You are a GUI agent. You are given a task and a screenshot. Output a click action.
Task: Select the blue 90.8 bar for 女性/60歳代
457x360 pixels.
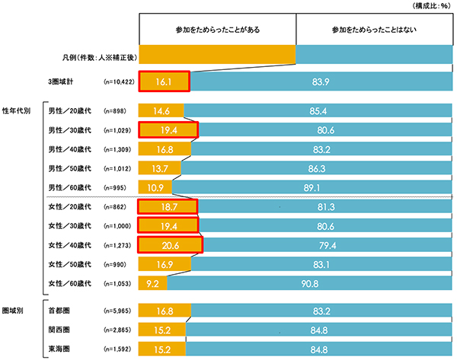[x=309, y=283]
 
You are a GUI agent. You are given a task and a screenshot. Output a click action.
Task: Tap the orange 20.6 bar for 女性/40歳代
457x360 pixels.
[x=171, y=245]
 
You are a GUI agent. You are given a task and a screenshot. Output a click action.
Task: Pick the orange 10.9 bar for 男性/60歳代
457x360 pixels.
[x=155, y=186]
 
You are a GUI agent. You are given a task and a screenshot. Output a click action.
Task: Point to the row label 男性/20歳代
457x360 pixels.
[x=69, y=111]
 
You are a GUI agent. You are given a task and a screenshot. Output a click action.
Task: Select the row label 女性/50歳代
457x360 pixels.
[x=69, y=264]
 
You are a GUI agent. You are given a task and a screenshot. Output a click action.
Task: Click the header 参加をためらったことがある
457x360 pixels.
[x=217, y=30]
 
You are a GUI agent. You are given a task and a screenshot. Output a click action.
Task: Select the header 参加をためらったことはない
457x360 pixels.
[x=373, y=30]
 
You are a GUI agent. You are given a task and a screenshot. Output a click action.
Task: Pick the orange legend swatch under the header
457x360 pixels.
[x=217, y=55]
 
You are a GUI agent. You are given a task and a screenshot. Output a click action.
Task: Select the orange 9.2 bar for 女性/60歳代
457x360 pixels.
[x=152, y=283]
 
